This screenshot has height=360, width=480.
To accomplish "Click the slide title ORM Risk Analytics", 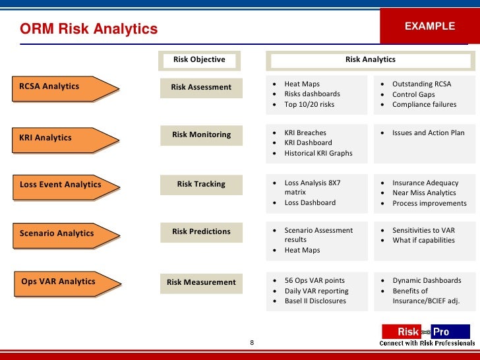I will [89, 29].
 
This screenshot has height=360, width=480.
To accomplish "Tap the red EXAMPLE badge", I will [429, 27].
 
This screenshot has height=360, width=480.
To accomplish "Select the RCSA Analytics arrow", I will [63, 88].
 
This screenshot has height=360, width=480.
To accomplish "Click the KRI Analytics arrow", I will [63, 138].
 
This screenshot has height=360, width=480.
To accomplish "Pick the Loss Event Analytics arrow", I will [63, 185].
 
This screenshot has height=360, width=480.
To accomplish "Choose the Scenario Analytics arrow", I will [63, 234].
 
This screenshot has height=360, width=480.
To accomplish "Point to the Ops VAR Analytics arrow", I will [63, 282].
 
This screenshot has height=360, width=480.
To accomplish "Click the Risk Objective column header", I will [199, 60].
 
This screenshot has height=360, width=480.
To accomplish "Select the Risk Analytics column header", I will [370, 60].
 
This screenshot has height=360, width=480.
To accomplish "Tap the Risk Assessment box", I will [201, 87].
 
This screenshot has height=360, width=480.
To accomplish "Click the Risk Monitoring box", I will [201, 135].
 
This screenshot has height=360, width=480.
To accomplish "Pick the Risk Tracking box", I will [201, 184].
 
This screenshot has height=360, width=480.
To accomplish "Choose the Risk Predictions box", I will [201, 231].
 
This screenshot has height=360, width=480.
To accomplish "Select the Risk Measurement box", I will [201, 282].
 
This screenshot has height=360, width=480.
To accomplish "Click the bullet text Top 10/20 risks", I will [309, 104].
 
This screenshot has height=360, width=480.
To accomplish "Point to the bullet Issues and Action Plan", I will [428, 133].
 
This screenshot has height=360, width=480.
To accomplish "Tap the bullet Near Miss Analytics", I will [424, 193].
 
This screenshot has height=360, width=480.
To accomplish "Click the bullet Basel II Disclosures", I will [315, 301].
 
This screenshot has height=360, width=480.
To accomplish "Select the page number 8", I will [251, 343].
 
